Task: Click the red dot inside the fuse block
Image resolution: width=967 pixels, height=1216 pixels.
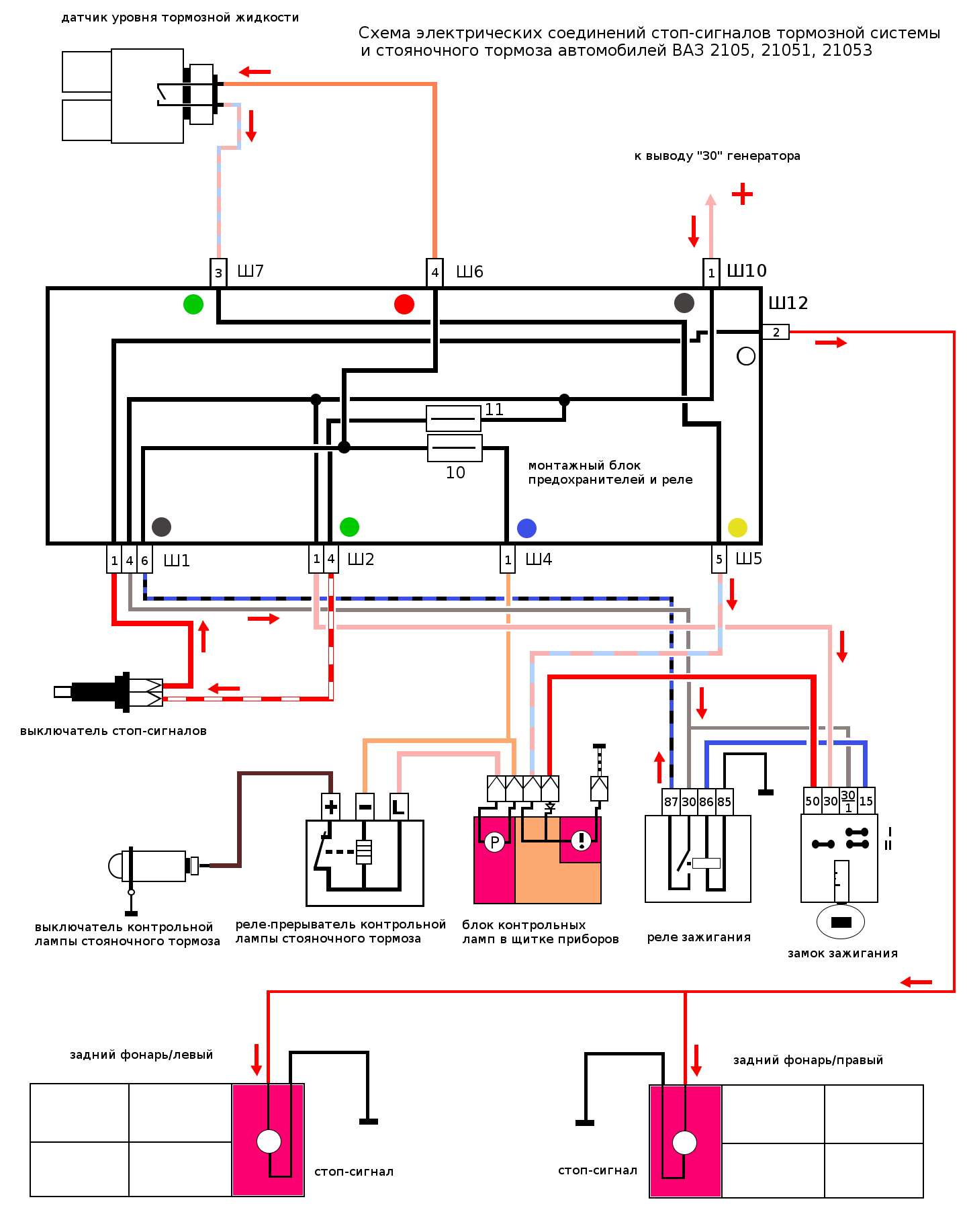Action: (404, 304)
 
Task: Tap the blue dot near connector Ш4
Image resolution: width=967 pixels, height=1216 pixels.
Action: (526, 528)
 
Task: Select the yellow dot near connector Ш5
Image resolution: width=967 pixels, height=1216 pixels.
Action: (737, 527)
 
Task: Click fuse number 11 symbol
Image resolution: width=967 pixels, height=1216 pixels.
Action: (454, 419)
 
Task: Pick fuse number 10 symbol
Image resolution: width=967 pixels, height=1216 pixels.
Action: (455, 448)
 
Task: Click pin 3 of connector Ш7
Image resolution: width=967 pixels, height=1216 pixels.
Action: (218, 273)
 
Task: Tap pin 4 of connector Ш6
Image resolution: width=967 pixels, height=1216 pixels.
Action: (435, 273)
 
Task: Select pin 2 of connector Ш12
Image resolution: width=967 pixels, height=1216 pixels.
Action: (776, 332)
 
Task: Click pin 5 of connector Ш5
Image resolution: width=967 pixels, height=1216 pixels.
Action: (719, 559)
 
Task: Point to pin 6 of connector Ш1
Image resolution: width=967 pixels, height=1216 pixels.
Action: (144, 560)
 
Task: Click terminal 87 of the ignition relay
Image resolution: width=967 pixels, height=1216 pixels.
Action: (671, 801)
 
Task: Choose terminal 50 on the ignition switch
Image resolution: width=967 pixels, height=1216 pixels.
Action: (813, 801)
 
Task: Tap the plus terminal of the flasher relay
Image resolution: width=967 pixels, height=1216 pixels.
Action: (331, 806)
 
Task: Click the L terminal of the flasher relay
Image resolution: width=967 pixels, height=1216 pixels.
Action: (399, 806)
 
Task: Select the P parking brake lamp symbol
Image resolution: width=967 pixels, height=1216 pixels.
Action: (494, 842)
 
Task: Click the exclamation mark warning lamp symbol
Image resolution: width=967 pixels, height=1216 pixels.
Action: (581, 840)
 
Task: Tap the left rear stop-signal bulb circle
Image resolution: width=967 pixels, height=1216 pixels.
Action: (269, 1141)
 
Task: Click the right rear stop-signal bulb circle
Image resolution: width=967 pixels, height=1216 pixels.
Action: (685, 1142)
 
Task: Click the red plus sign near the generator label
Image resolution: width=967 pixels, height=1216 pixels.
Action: (742, 194)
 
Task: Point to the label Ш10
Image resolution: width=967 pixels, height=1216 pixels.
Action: (747, 271)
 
